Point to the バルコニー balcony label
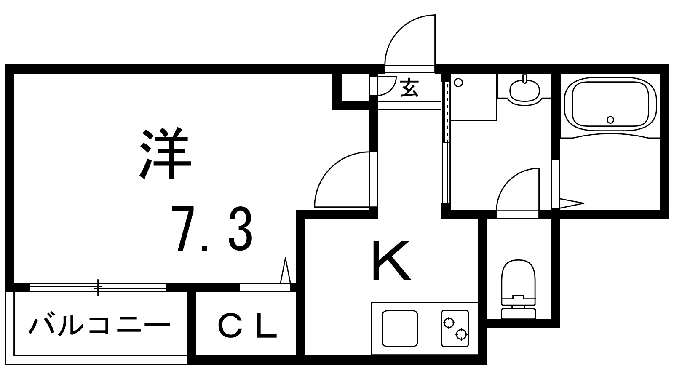point(99,325)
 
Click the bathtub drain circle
point(610,120)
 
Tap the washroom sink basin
point(524,90)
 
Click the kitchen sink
point(400,328)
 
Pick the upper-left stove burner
point(449,323)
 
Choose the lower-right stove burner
point(462,335)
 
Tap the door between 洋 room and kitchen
point(342,180)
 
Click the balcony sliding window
point(98,287)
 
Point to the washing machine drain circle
point(459,83)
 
